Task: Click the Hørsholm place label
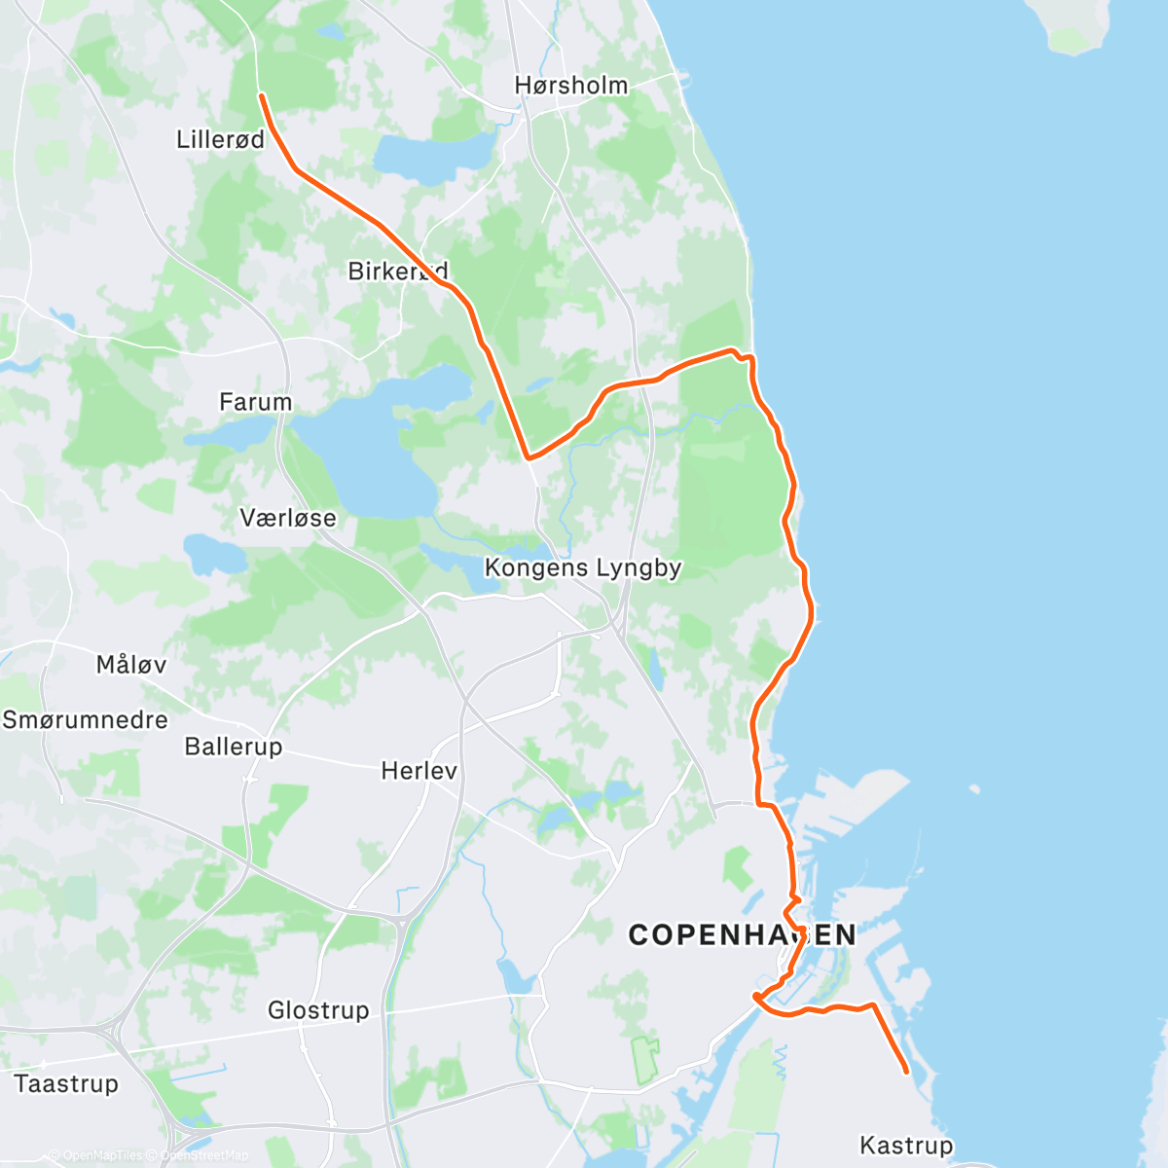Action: [571, 86]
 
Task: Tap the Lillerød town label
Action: [220, 139]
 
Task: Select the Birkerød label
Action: [397, 271]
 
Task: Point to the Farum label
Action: [255, 402]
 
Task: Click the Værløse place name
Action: [288, 518]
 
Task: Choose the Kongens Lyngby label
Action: [583, 567]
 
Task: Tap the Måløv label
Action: [131, 665]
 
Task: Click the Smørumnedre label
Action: [86, 720]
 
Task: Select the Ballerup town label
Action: [234, 747]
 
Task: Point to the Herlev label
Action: [419, 771]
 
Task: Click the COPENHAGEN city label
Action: [742, 935]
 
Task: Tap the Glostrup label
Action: [318, 1010]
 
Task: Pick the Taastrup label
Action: [66, 1083]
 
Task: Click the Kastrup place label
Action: [906, 1145]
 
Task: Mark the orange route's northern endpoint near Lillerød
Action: [261, 95]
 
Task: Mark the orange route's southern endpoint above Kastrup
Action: [907, 1072]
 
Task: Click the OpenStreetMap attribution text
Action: [204, 1155]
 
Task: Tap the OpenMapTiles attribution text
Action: [102, 1155]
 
